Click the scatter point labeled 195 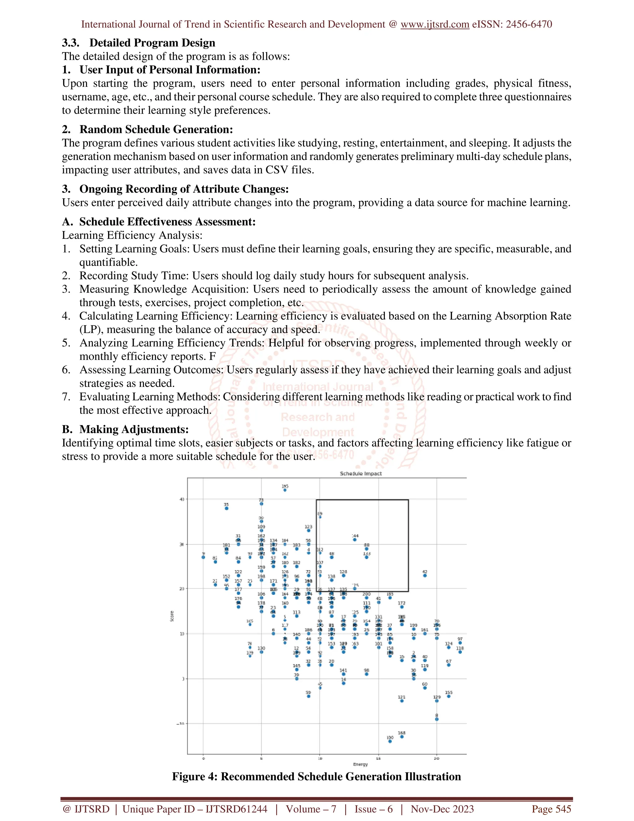point(285,490)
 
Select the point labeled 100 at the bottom point(390,741)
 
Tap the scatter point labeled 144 point(355,540)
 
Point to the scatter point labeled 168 point(402,736)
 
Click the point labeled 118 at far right point(460,652)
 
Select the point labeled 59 point(308,696)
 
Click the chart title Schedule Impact point(361,474)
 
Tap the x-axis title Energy point(360,764)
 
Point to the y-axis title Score point(172,616)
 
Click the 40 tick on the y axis point(182,499)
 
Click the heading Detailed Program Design point(152,43)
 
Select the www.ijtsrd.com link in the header point(435,24)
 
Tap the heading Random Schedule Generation point(156,129)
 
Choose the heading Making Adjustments point(134,429)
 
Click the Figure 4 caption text point(316,777)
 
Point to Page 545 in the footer point(551,809)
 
